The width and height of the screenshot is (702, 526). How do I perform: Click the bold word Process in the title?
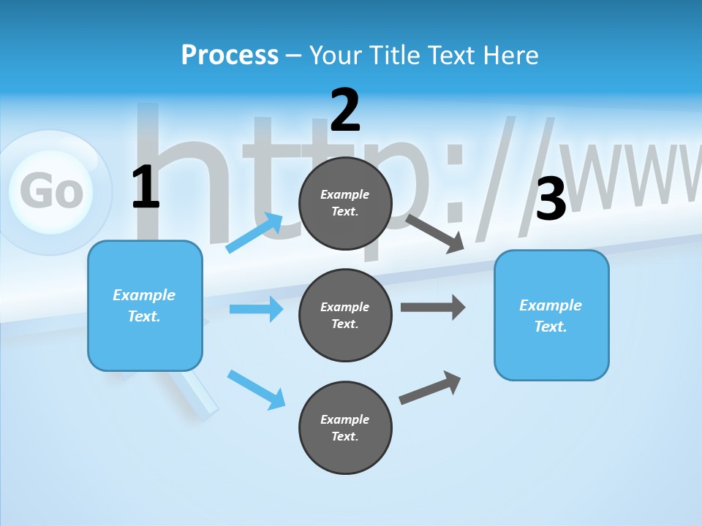point(230,56)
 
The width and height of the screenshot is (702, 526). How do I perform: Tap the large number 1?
point(145,188)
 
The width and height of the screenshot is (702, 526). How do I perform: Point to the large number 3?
point(551,199)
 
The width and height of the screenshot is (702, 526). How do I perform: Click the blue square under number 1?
point(145,305)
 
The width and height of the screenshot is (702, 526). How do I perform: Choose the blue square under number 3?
point(551,315)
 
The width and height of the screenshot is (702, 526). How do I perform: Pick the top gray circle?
point(345,202)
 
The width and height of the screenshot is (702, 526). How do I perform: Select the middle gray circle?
point(345,315)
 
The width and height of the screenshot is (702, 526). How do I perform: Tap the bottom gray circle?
point(345,427)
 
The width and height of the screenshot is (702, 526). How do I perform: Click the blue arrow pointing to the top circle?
point(254,233)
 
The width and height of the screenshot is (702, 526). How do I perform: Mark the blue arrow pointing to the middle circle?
point(256,309)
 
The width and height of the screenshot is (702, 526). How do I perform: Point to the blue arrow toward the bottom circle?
point(256,389)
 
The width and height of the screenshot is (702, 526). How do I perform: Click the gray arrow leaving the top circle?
point(436,233)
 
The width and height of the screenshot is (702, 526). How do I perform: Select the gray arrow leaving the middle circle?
point(433,308)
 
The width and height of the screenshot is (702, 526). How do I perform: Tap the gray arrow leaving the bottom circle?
point(430,387)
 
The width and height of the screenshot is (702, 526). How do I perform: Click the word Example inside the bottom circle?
point(345,419)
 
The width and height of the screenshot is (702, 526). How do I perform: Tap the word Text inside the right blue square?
point(550,327)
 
